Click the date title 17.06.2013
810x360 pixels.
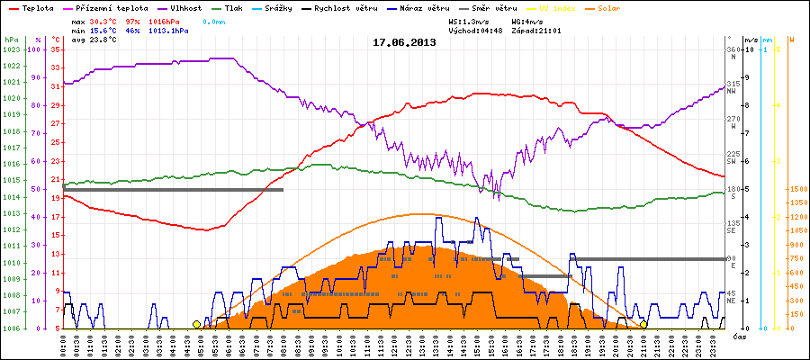404,41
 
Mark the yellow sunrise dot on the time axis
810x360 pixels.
196,324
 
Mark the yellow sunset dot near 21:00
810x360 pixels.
643,324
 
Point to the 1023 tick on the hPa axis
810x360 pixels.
11,49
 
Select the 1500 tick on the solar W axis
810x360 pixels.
797,189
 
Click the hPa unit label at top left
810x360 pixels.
11,40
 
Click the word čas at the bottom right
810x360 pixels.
738,337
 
